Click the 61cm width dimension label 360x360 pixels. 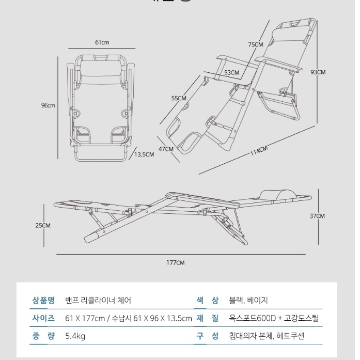(x=102, y=42)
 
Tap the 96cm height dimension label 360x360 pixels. (x=48, y=105)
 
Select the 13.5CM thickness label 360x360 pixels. (x=145, y=154)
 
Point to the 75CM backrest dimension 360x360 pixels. (x=256, y=45)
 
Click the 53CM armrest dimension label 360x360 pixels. (x=231, y=73)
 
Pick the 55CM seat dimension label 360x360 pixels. (x=179, y=98)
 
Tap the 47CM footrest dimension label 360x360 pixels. (x=165, y=149)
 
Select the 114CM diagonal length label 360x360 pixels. (x=259, y=151)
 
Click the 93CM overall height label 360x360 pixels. (x=318, y=72)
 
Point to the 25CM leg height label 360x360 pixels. (x=43, y=225)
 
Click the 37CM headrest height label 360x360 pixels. (x=317, y=216)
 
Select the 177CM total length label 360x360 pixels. (x=175, y=262)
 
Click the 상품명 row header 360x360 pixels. (x=43, y=300)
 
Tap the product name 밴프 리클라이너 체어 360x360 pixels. (x=98, y=300)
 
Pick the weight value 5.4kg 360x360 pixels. (x=75, y=336)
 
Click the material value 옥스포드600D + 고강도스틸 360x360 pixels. (x=274, y=318)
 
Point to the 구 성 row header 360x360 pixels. (x=207, y=336)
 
